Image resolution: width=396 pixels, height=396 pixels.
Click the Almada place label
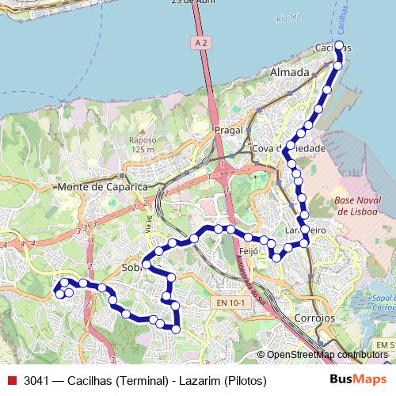pyautogui.click(x=290, y=72)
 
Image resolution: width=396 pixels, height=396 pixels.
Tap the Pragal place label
pyautogui.click(x=227, y=129)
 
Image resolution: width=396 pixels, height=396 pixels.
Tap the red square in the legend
pyautogui.click(x=11, y=380)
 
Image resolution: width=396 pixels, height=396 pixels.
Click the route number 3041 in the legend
pyautogui.click(x=37, y=380)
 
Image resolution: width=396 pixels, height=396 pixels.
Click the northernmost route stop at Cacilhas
pyautogui.click(x=339, y=46)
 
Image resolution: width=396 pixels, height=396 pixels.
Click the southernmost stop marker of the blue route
pyautogui.click(x=177, y=329)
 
